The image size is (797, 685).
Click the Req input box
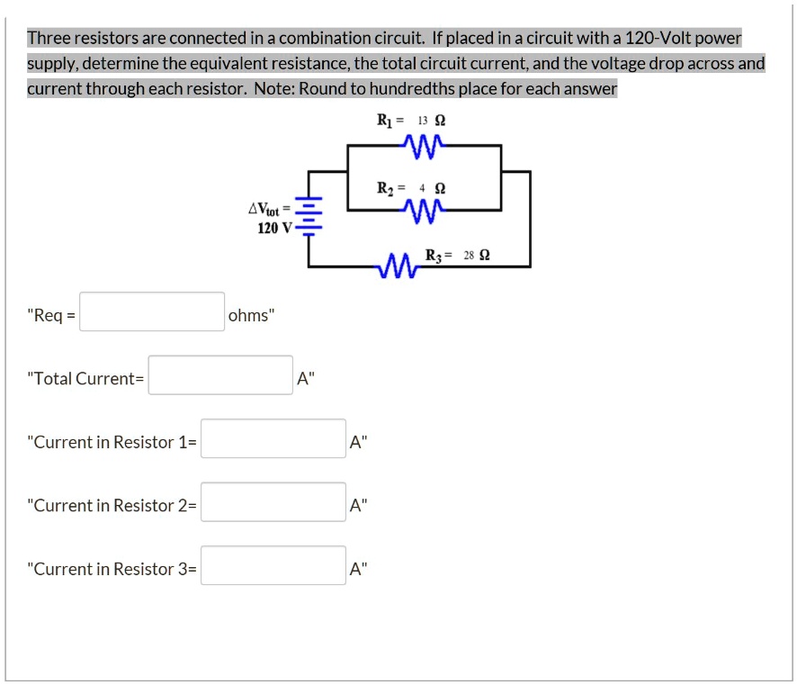pos(152,311)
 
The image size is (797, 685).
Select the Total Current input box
pos(220,375)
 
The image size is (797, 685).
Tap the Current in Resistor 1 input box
pos(273,438)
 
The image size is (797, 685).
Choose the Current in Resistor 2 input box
pos(273,502)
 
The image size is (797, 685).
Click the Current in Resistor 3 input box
pos(273,565)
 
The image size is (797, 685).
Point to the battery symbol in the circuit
pos(309,216)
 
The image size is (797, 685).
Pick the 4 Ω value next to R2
pos(430,188)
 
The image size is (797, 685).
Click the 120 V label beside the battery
pos(273,228)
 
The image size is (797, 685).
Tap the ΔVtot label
pos(268,210)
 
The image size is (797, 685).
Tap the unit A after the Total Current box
pos(303,379)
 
